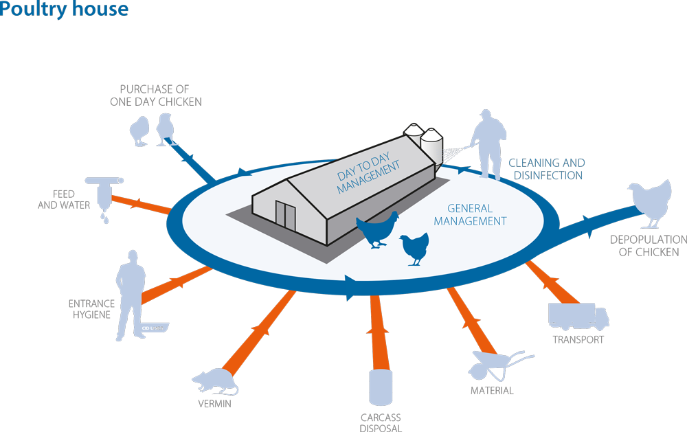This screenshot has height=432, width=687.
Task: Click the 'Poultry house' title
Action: [x=64, y=9]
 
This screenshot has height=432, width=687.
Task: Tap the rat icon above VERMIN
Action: [x=215, y=382]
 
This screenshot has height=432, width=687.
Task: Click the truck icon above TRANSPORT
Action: [x=578, y=317]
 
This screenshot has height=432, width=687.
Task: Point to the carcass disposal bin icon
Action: [x=381, y=387]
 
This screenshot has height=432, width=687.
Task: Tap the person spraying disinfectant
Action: [x=489, y=144]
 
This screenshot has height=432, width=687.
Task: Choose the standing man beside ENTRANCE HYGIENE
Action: [x=131, y=295]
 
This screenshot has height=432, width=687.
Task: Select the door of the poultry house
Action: [x=285, y=215]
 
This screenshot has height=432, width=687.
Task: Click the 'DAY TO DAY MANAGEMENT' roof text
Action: [x=368, y=173]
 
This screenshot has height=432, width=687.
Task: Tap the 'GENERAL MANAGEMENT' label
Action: [x=470, y=215]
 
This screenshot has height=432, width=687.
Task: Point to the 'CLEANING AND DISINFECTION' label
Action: [x=547, y=169]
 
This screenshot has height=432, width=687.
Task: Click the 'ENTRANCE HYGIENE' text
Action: [x=91, y=309]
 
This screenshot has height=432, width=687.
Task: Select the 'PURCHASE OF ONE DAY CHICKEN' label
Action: [x=155, y=95]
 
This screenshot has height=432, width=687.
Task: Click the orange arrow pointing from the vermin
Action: [x=258, y=332]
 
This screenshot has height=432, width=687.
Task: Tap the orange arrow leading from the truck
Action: [x=553, y=282]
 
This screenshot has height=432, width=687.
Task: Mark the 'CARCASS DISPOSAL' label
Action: [x=381, y=422]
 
